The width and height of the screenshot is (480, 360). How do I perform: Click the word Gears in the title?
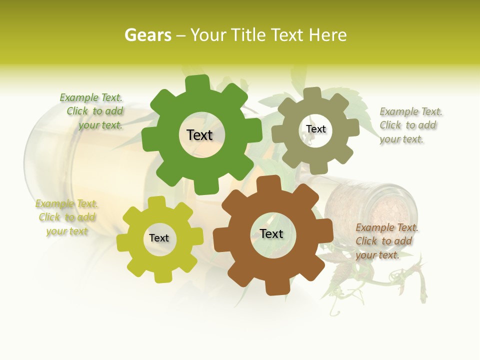(147, 35)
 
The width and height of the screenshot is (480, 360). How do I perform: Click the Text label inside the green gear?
(199, 135)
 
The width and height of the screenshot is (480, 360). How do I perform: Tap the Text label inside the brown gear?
(271, 233)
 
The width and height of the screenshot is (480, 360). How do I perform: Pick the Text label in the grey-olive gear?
(315, 129)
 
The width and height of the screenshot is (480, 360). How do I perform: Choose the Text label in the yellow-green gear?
(159, 238)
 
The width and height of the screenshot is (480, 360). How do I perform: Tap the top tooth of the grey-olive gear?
(312, 94)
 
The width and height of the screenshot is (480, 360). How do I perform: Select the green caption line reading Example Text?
(91, 97)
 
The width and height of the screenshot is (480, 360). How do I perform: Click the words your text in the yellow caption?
(67, 231)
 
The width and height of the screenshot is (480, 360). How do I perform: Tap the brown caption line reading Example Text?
(387, 227)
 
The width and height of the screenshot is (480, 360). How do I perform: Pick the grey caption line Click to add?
(408, 125)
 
